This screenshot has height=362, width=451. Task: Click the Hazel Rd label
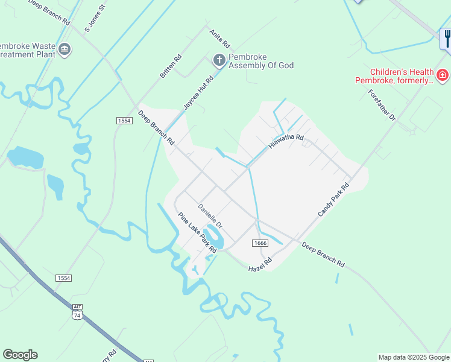click(260, 264)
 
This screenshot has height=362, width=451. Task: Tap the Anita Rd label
click(220, 39)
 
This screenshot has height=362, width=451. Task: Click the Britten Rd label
click(171, 67)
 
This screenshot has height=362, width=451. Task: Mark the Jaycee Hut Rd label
click(198, 93)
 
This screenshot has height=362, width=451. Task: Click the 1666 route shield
click(260, 243)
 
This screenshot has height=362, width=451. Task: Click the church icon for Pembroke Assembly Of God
click(219, 59)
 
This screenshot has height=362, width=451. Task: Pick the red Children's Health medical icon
click(443, 75)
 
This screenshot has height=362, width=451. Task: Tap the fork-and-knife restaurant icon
click(446, 38)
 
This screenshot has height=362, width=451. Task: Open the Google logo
click(20, 355)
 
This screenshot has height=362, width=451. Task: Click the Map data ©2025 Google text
click(414, 357)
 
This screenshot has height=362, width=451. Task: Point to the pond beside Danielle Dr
click(214, 237)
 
